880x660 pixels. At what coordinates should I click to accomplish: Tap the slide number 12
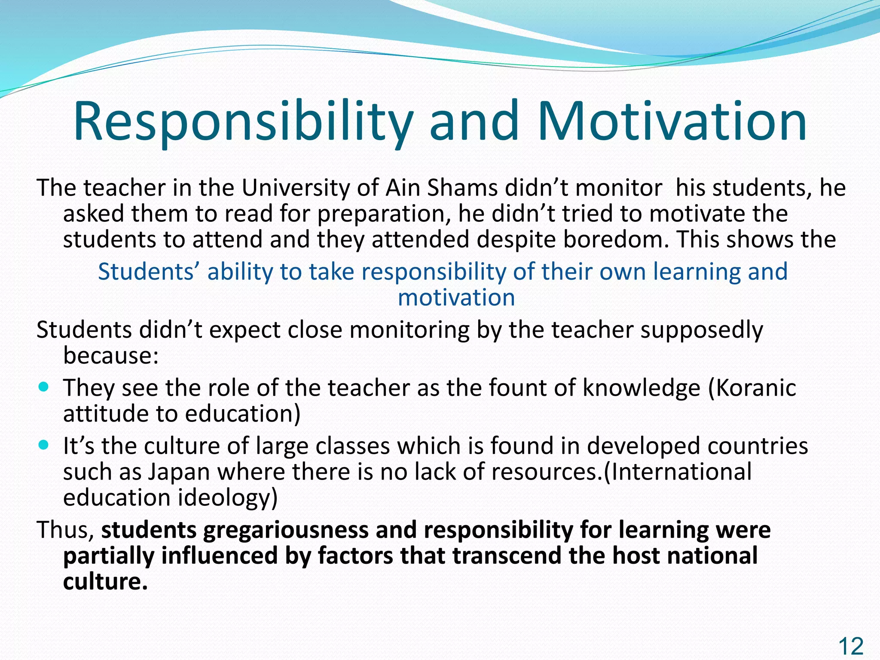pyautogui.click(x=851, y=646)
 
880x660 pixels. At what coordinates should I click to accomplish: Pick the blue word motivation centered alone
pyautogui.click(x=456, y=297)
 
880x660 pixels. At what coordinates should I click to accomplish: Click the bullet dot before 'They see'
pyautogui.click(x=44, y=386)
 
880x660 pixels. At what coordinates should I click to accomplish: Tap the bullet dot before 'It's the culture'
pyautogui.click(x=44, y=444)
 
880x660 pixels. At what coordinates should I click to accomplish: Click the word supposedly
pyautogui.click(x=701, y=330)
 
